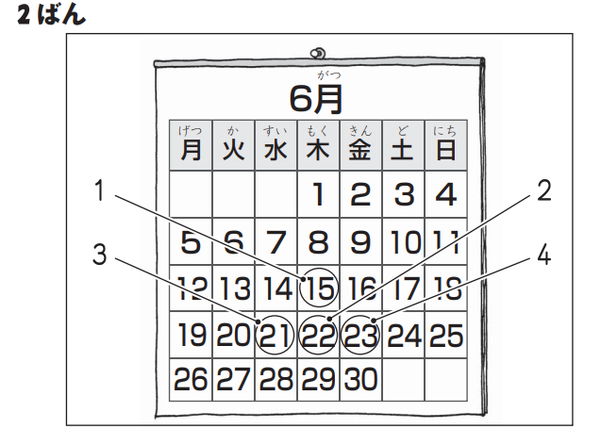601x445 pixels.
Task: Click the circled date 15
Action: pos(318,288)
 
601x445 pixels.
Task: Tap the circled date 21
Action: pos(275,335)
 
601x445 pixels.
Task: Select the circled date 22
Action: pos(318,335)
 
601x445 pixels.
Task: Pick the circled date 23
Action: pos(360,335)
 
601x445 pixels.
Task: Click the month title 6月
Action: pos(316,96)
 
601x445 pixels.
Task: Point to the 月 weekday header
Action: pos(191,149)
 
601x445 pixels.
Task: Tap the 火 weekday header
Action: pos(232,149)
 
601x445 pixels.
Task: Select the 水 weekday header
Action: pos(275,149)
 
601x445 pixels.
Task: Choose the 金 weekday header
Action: pos(359,149)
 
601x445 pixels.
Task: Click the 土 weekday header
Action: pos(403,149)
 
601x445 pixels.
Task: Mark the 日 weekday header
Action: pos(445,149)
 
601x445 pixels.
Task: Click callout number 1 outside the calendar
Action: pos(100,191)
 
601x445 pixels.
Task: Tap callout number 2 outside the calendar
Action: pos(543,191)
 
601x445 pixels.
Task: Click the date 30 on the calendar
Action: pos(360,379)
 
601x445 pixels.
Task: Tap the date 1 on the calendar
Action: pos(319,196)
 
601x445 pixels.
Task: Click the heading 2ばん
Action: pos(51,16)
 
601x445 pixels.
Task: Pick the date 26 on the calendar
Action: pos(191,379)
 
